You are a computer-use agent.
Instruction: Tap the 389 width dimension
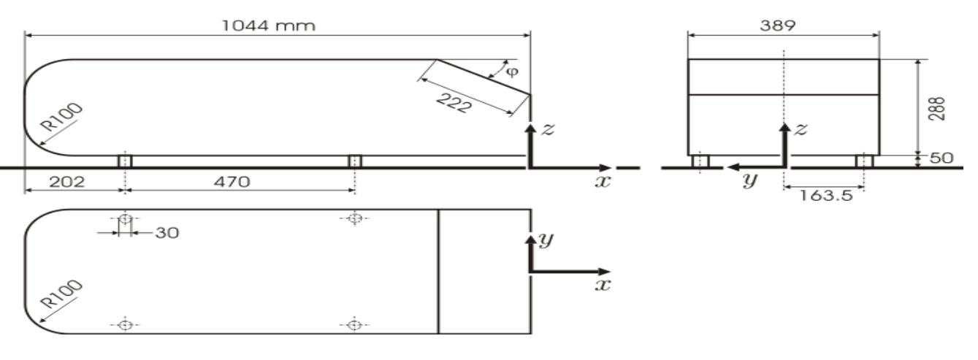[x=784, y=24]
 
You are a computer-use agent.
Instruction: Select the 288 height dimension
[x=942, y=108]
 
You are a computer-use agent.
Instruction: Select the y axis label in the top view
[x=544, y=241]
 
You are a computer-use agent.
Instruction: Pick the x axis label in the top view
[x=603, y=285]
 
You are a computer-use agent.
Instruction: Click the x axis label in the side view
[x=603, y=180]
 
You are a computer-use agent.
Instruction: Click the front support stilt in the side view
[x=125, y=161]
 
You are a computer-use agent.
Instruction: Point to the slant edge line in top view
[x=438, y=272]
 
